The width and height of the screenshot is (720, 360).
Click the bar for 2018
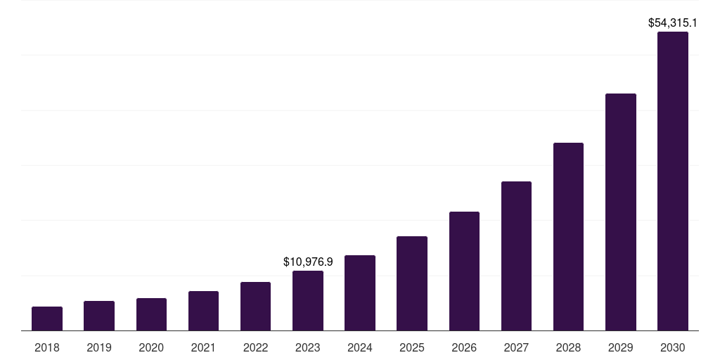[47, 319]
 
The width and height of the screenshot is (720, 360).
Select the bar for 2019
[99, 316]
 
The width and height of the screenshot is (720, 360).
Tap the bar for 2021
[203, 311]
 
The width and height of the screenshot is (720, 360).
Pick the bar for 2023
[308, 301]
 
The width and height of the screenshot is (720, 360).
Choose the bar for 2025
[412, 283]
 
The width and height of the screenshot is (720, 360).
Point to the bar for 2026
[464, 271]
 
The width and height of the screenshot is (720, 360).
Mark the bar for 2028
[568, 237]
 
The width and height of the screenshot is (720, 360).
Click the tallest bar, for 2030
[673, 181]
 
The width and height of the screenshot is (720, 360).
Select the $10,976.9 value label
[308, 262]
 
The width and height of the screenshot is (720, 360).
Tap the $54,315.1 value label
[673, 23]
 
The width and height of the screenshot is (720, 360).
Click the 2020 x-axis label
[151, 347]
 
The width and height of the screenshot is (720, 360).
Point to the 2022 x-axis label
[255, 347]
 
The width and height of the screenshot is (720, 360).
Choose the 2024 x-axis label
[360, 347]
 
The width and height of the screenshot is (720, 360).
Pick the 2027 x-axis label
[516, 347]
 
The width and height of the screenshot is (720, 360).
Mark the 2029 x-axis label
[620, 347]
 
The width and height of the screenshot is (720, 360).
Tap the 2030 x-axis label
[673, 347]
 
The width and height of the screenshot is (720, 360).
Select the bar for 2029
[620, 212]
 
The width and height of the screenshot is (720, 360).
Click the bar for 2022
[255, 307]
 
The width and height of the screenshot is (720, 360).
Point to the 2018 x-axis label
[47, 347]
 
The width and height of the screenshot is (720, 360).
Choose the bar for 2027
[516, 256]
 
